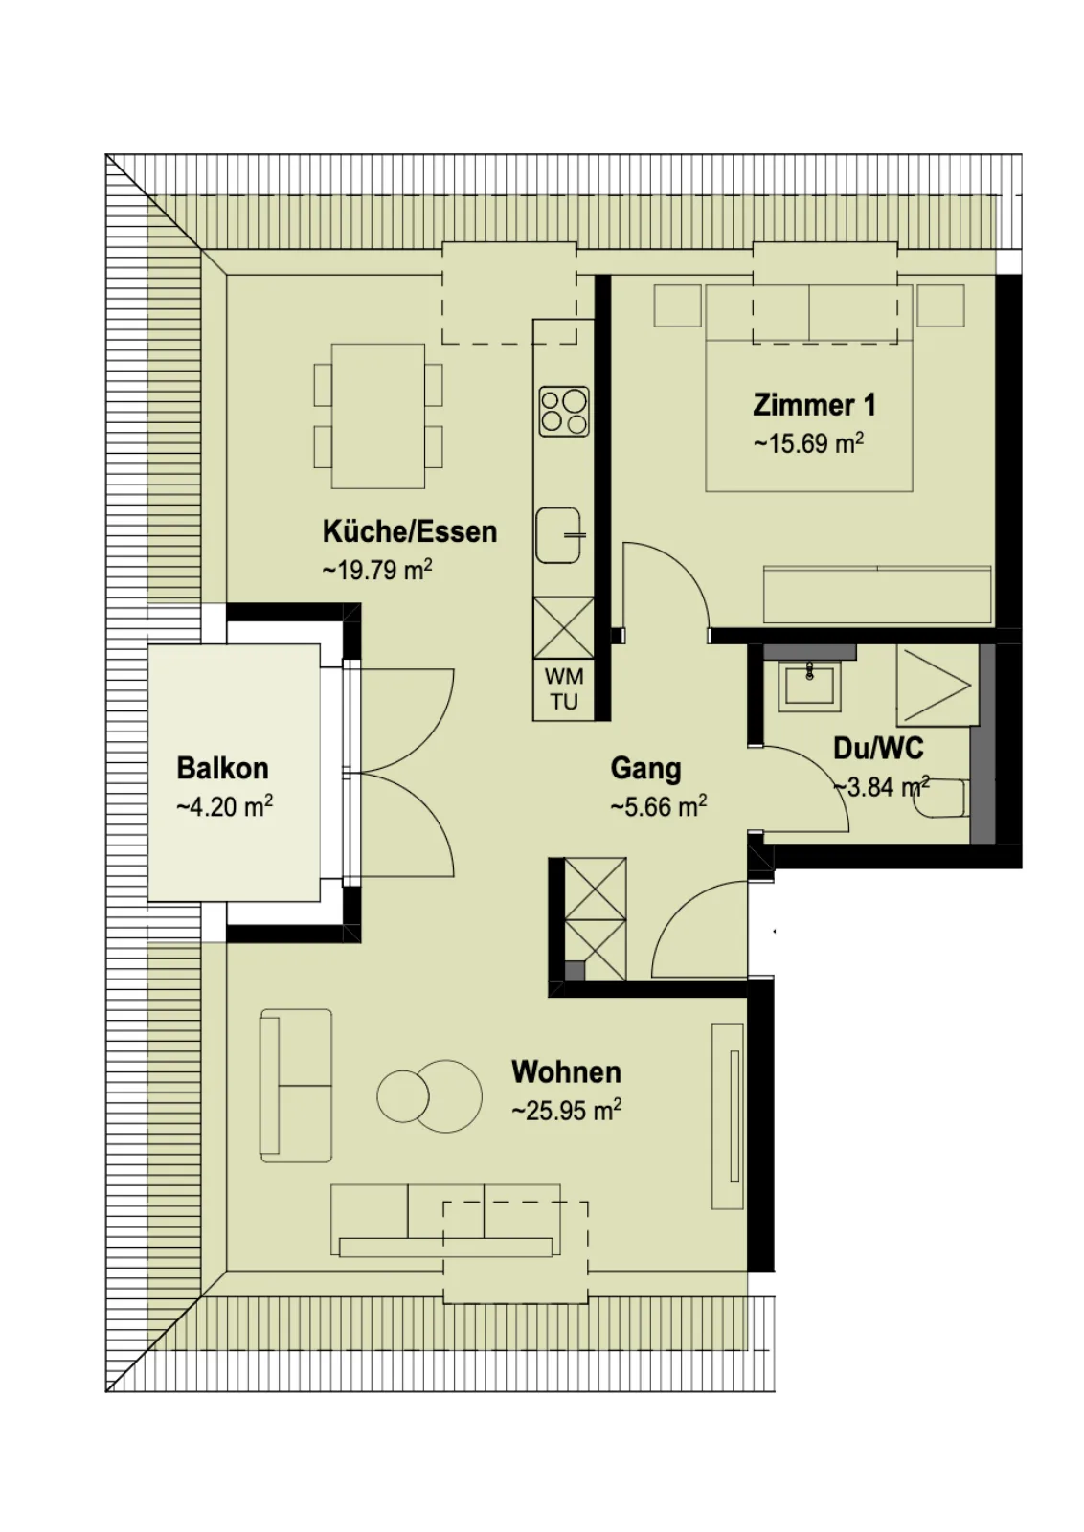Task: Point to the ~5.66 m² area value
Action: click(659, 806)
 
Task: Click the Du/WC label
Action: click(878, 748)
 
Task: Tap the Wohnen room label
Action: click(566, 1071)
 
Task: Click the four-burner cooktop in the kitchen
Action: click(563, 412)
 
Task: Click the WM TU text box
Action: click(564, 688)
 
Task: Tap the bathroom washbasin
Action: click(810, 686)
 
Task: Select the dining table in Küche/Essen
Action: click(377, 416)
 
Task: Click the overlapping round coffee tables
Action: click(430, 1095)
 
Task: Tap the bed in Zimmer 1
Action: click(809, 388)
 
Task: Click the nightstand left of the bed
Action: click(677, 305)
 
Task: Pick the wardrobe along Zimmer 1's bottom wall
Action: click(877, 594)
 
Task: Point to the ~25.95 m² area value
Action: click(566, 1111)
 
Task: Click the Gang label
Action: click(645, 769)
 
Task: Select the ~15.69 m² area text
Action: click(808, 443)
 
